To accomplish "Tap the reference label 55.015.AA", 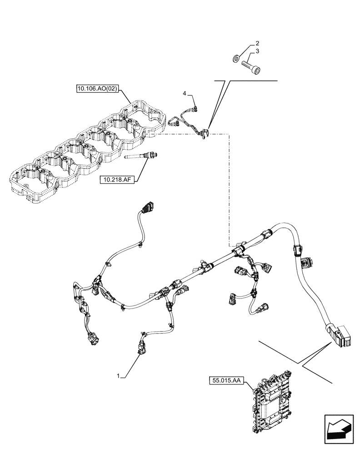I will (x=226, y=379).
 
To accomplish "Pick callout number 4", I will (x=185, y=93).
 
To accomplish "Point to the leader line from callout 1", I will (x=130, y=366).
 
